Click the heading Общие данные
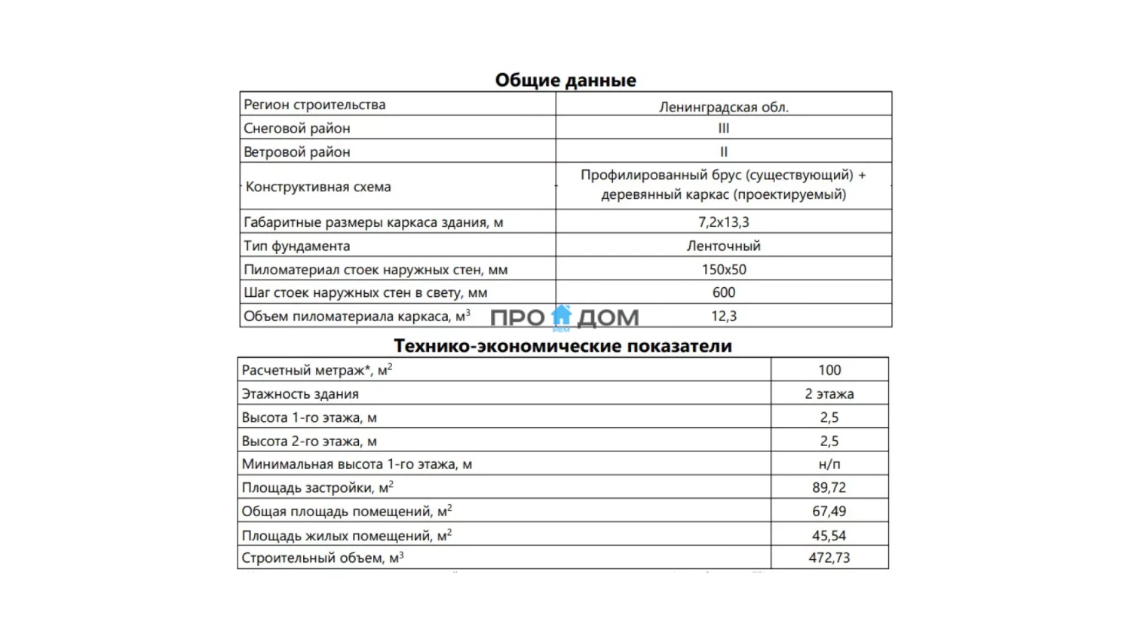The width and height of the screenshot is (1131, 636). (565, 80)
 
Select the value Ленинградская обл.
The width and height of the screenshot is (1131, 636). (724, 107)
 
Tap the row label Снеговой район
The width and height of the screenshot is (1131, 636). (297, 128)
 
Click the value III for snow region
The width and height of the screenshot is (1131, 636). (724, 128)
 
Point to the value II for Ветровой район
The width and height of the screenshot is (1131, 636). (724, 151)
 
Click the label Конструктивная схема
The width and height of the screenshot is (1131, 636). (318, 187)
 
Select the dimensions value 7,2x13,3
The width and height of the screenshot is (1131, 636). (724, 222)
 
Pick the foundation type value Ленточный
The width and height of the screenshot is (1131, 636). (724, 246)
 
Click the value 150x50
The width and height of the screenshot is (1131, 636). (724, 269)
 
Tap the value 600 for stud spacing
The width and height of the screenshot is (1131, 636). (724, 292)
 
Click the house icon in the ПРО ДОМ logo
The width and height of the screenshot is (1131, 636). (562, 315)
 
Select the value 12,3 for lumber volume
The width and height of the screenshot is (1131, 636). (724, 316)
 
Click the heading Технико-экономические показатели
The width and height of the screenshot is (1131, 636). (563, 346)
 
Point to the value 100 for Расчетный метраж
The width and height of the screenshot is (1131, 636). (829, 370)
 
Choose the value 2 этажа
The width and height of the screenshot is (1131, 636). (829, 394)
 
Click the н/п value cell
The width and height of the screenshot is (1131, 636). (829, 464)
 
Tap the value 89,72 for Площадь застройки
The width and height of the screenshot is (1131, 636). (829, 488)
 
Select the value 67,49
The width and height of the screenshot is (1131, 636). (829, 512)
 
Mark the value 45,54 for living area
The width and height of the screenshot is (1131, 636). (829, 536)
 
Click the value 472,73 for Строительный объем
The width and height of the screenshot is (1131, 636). (829, 558)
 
